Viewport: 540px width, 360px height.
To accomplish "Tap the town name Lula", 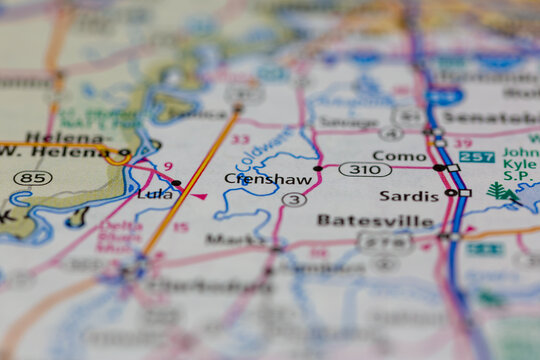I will click(x=154, y=194).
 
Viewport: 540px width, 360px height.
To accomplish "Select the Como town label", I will click(x=399, y=156).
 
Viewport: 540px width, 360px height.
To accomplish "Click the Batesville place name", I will click(x=375, y=220).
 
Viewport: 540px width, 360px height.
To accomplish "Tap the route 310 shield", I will click(x=365, y=169).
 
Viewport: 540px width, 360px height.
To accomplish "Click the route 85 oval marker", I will click(x=33, y=178).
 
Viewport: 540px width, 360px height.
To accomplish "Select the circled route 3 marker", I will click(x=293, y=199).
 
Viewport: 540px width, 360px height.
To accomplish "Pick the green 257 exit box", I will click(x=477, y=157).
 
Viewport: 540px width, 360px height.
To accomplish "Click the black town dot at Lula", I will click(x=177, y=183).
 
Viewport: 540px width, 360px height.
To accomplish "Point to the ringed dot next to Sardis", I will click(x=451, y=192).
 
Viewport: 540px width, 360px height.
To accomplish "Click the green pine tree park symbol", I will click(x=498, y=191).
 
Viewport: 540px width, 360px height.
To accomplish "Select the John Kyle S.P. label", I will click(x=520, y=161).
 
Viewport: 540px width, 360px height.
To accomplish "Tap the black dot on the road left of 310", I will click(x=318, y=168).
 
